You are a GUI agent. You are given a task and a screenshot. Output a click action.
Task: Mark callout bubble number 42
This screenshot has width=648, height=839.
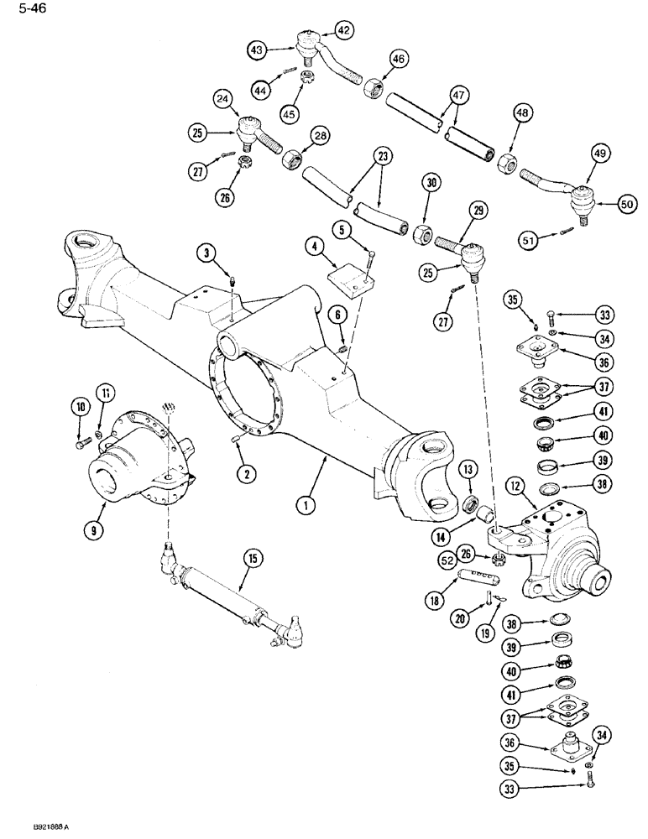[343, 29]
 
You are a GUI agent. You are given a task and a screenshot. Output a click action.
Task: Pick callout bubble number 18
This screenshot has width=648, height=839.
[436, 601]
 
